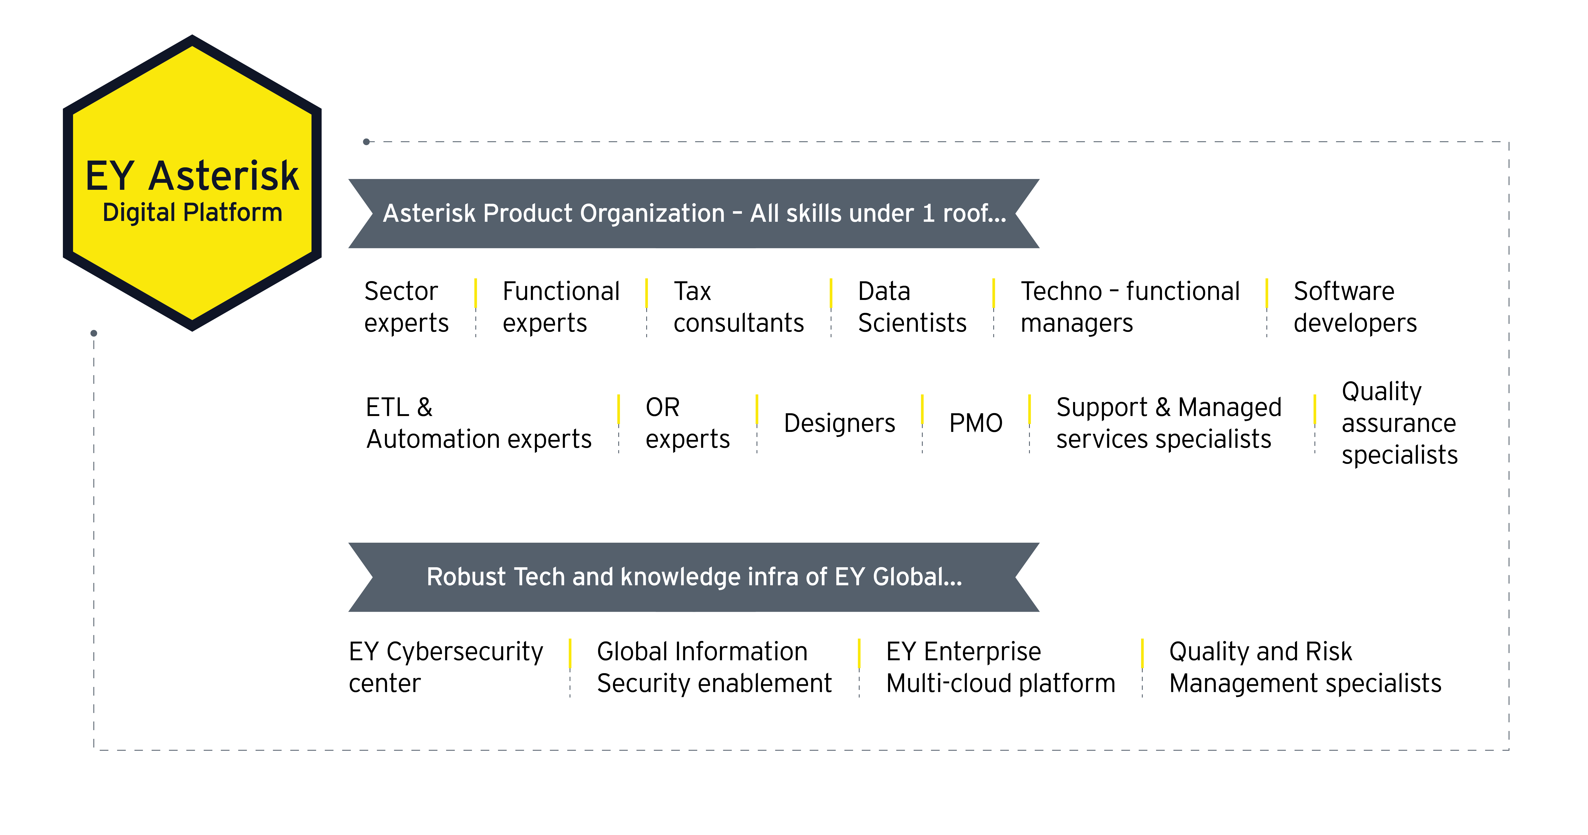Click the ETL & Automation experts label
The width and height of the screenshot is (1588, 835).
pyautogui.click(x=478, y=423)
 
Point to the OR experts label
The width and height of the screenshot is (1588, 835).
pyautogui.click(x=687, y=423)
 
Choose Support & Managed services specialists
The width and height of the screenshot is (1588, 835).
pyautogui.click(x=1168, y=423)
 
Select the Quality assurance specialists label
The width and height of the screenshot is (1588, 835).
pyautogui.click(x=1399, y=423)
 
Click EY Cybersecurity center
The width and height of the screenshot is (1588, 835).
pyautogui.click(x=445, y=667)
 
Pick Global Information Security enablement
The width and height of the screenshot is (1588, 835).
pyautogui.click(x=714, y=667)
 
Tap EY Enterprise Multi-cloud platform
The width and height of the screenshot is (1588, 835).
pyautogui.click(x=1000, y=667)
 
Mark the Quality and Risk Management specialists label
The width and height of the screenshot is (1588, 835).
pyautogui.click(x=1304, y=667)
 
